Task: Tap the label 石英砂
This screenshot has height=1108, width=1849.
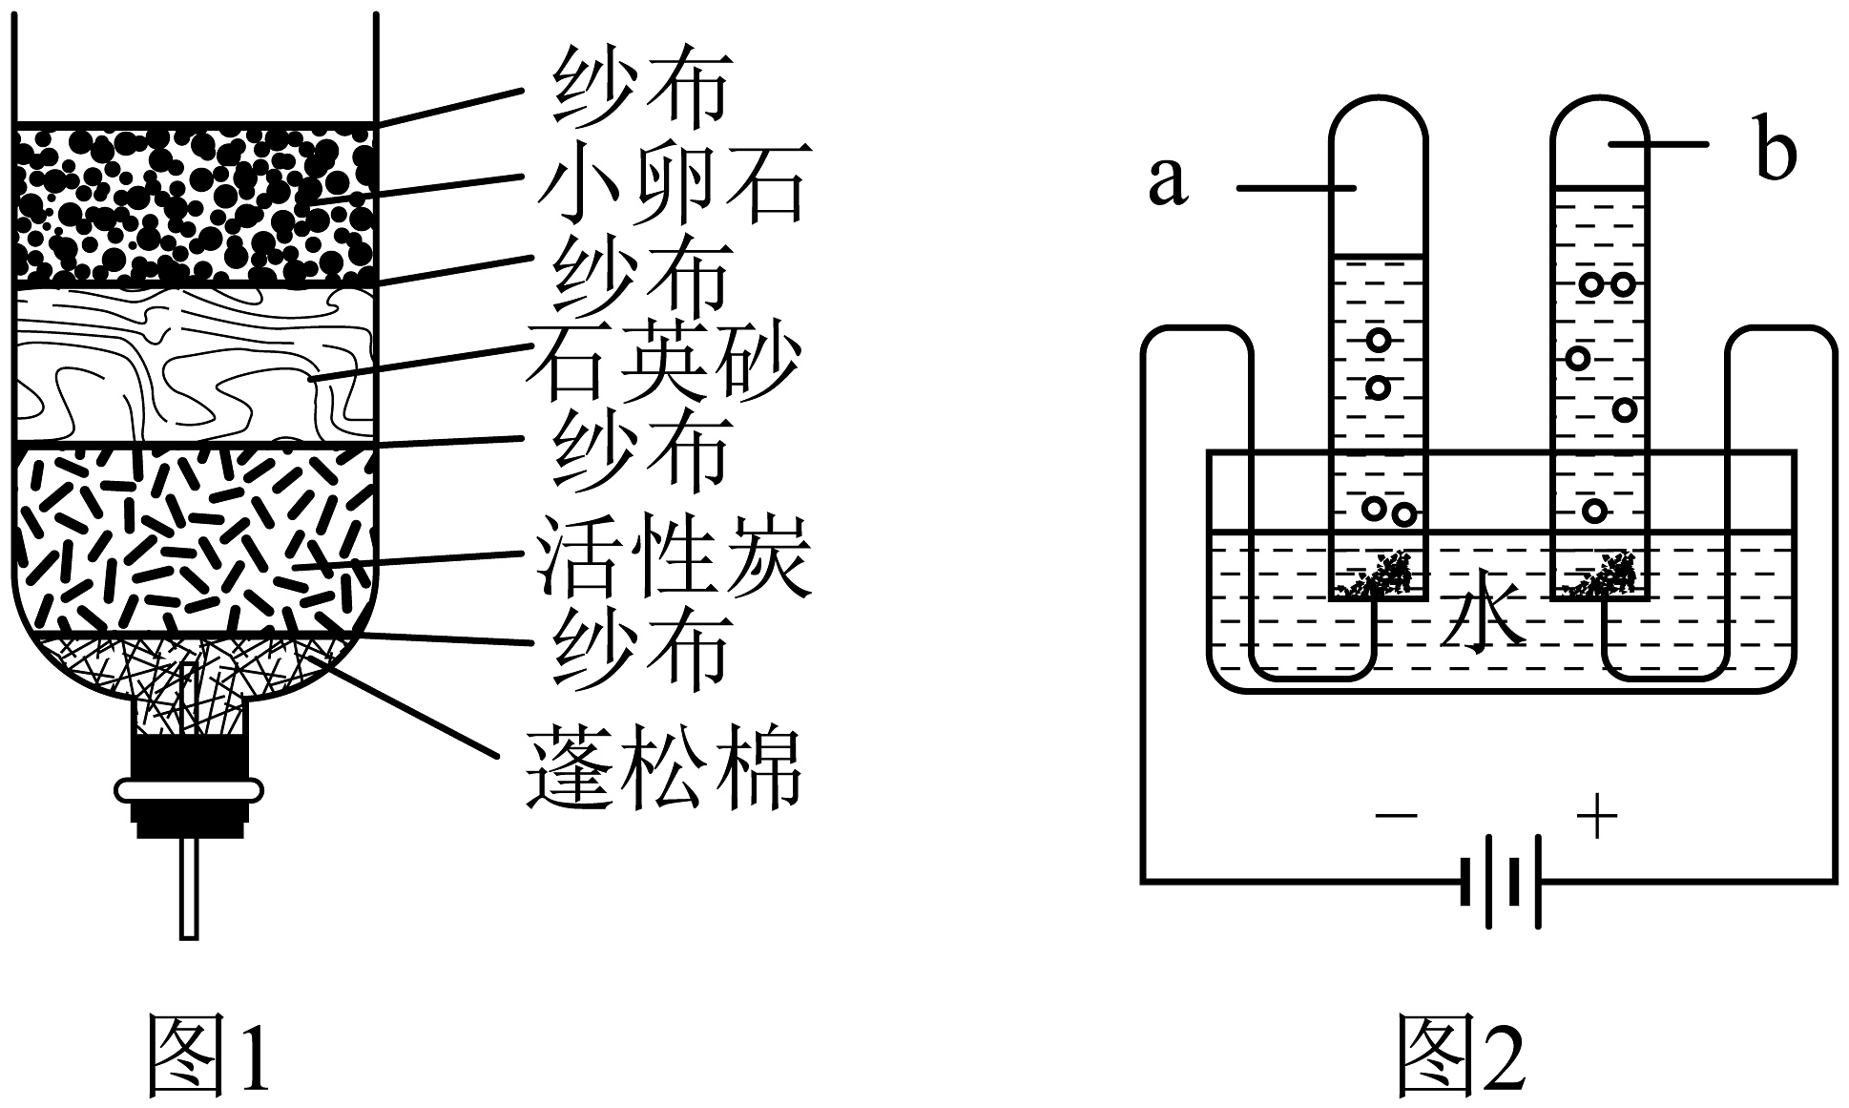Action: click(x=662, y=363)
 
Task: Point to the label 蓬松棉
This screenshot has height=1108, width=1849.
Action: click(x=662, y=767)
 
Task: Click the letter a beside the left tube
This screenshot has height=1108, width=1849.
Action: click(x=1168, y=179)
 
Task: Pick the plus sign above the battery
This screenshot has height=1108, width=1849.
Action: click(x=1597, y=817)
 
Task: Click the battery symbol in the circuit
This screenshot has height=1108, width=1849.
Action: click(x=1501, y=881)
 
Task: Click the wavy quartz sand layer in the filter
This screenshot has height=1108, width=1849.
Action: click(x=191, y=366)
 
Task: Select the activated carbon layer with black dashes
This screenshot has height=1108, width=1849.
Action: click(x=191, y=539)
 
